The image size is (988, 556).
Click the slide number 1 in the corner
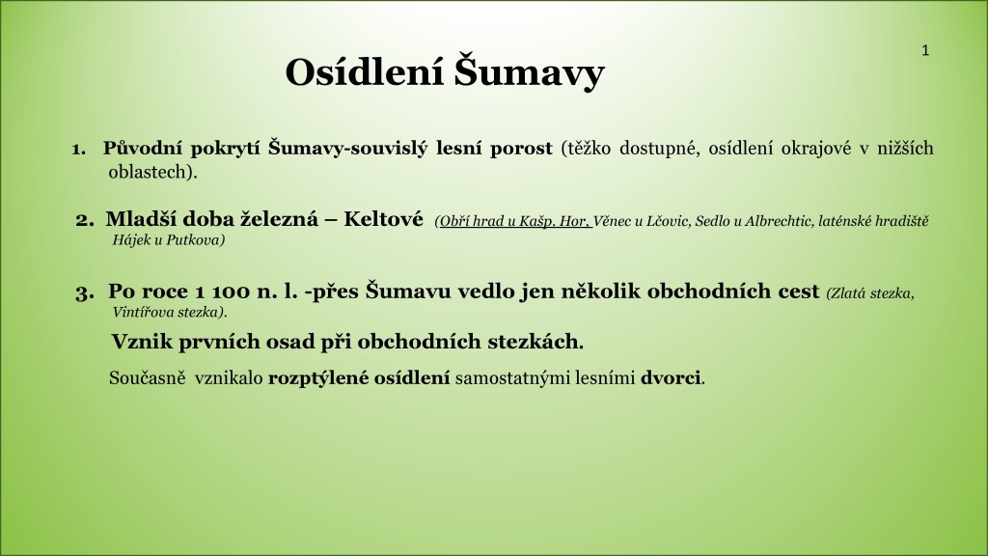925,51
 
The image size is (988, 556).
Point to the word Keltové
383,219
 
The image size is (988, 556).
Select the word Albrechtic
778,221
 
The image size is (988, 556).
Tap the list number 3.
85,292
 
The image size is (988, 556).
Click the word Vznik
143,341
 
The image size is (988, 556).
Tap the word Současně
148,377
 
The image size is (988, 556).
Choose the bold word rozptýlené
318,378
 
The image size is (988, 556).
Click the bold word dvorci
671,377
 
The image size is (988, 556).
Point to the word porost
521,149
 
